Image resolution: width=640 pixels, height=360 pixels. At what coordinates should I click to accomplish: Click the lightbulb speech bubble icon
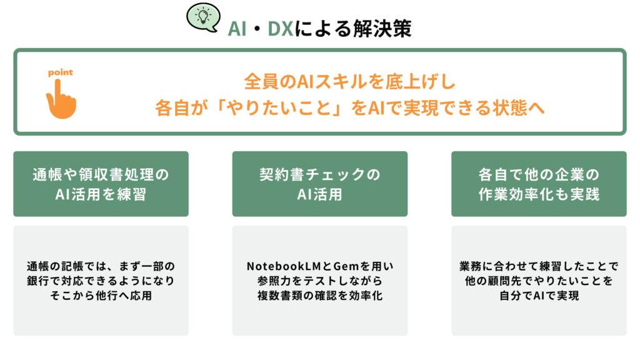(x=203, y=17)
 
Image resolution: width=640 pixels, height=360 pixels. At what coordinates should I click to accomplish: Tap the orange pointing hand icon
(x=61, y=99)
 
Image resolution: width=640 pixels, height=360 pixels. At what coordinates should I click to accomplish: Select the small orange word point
(x=61, y=72)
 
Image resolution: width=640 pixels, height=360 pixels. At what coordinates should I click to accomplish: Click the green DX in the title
(x=281, y=29)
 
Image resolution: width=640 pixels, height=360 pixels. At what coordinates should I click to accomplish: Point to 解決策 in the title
(x=382, y=29)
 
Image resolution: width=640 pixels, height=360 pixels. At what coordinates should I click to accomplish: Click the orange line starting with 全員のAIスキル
(x=349, y=81)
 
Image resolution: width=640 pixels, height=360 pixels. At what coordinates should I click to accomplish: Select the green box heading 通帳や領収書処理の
(x=101, y=174)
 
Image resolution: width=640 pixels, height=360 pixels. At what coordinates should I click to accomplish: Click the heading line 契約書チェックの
(x=320, y=174)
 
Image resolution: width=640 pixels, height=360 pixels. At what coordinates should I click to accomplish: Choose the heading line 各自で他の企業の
(x=539, y=174)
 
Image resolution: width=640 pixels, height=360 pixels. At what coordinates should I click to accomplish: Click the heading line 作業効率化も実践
(x=539, y=194)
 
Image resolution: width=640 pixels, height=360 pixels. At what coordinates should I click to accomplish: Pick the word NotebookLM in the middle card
(x=284, y=266)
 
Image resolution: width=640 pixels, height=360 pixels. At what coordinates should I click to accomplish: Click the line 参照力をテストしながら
(x=320, y=281)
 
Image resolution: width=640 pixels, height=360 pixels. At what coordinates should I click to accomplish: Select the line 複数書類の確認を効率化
(x=320, y=296)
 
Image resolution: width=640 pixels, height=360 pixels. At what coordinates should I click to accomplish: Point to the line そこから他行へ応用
(x=101, y=296)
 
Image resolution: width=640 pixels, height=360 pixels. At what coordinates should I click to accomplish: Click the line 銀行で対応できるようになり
(x=101, y=281)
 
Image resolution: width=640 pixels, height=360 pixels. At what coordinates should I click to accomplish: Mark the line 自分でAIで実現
(x=539, y=296)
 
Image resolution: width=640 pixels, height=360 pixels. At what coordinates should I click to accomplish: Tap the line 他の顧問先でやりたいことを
(x=539, y=281)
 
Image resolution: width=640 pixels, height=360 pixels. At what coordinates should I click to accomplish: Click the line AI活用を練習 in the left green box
(x=101, y=194)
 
